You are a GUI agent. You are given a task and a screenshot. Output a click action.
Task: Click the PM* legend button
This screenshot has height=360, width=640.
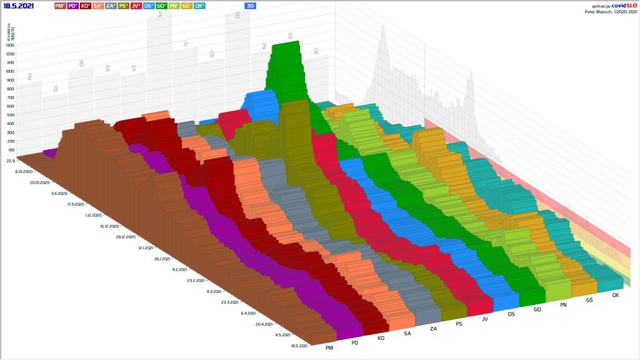[x=61, y=5]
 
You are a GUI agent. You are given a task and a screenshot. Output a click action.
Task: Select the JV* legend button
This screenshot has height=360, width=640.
[x=136, y=5]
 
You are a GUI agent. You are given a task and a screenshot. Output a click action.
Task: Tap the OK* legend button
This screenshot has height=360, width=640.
[x=199, y=5]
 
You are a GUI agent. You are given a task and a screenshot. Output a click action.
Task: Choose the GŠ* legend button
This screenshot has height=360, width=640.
[x=186, y=5]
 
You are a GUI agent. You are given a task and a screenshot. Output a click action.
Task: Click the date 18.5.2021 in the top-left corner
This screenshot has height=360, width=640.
[x=18, y=5]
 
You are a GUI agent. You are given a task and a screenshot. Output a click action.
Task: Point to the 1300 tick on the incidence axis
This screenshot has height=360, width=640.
[x=9, y=45]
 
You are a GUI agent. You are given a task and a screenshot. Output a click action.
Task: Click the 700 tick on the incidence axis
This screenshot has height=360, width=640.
[x=9, y=97]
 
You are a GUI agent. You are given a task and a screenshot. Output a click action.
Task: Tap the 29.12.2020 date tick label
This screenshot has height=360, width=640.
[x=127, y=237]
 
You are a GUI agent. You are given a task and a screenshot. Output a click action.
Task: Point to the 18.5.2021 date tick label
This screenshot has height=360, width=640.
[x=297, y=345]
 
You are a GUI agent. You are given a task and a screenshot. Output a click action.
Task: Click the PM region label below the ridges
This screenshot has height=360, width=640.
[x=329, y=347]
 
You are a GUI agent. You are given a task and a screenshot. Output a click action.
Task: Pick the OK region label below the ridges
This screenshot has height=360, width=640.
[x=616, y=295]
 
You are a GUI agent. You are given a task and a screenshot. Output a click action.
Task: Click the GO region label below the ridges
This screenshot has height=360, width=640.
[x=537, y=309]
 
